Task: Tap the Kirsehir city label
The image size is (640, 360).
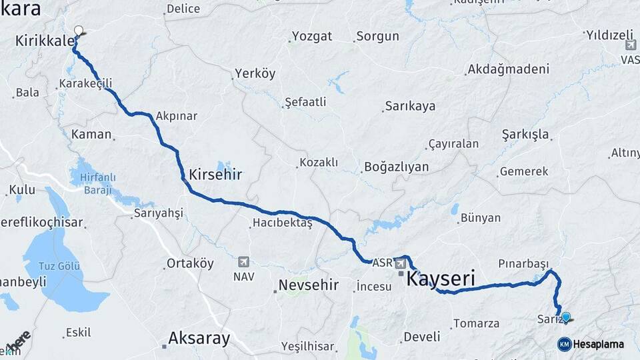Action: pos(215,175)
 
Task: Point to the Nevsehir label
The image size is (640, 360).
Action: pos(309,286)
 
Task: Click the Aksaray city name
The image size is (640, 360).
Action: pos(199,338)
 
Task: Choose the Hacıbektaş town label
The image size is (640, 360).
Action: pos(282,223)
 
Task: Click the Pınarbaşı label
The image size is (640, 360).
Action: pos(523,263)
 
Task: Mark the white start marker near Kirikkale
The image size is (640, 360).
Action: pos(79,31)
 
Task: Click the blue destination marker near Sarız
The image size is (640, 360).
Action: pos(566,317)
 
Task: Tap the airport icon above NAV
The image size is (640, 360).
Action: pos(243,261)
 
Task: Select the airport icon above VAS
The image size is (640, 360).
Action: pos(631,45)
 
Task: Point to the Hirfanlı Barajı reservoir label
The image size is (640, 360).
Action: pos(98,183)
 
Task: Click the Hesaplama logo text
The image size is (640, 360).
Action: pos(598,344)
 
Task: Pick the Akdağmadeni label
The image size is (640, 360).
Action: pos(508,69)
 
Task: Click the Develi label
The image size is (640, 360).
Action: pos(422,337)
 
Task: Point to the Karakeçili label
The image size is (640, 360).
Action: pos(85,83)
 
